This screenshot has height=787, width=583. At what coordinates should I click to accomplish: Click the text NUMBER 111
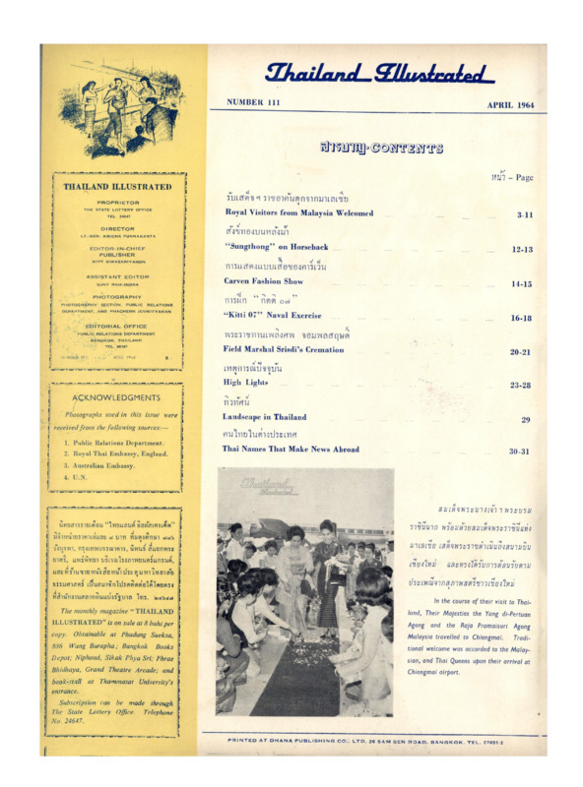(x=253, y=102)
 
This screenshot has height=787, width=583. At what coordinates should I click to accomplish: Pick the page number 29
(x=526, y=419)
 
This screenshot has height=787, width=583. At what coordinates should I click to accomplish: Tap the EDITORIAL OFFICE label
(x=124, y=326)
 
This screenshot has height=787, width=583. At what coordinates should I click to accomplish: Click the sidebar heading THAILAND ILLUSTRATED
(x=124, y=185)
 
